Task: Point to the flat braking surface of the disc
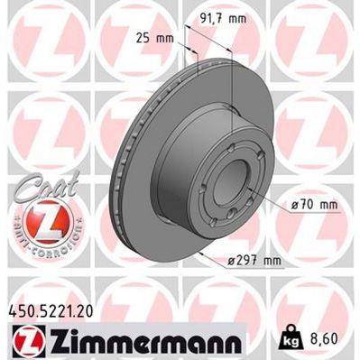135,180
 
